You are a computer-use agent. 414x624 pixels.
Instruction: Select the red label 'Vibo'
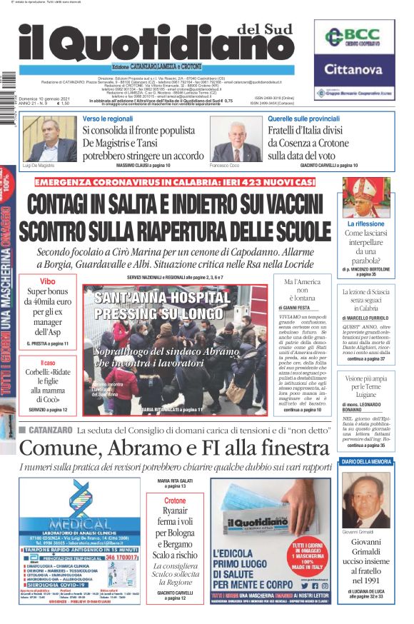[46, 281]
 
